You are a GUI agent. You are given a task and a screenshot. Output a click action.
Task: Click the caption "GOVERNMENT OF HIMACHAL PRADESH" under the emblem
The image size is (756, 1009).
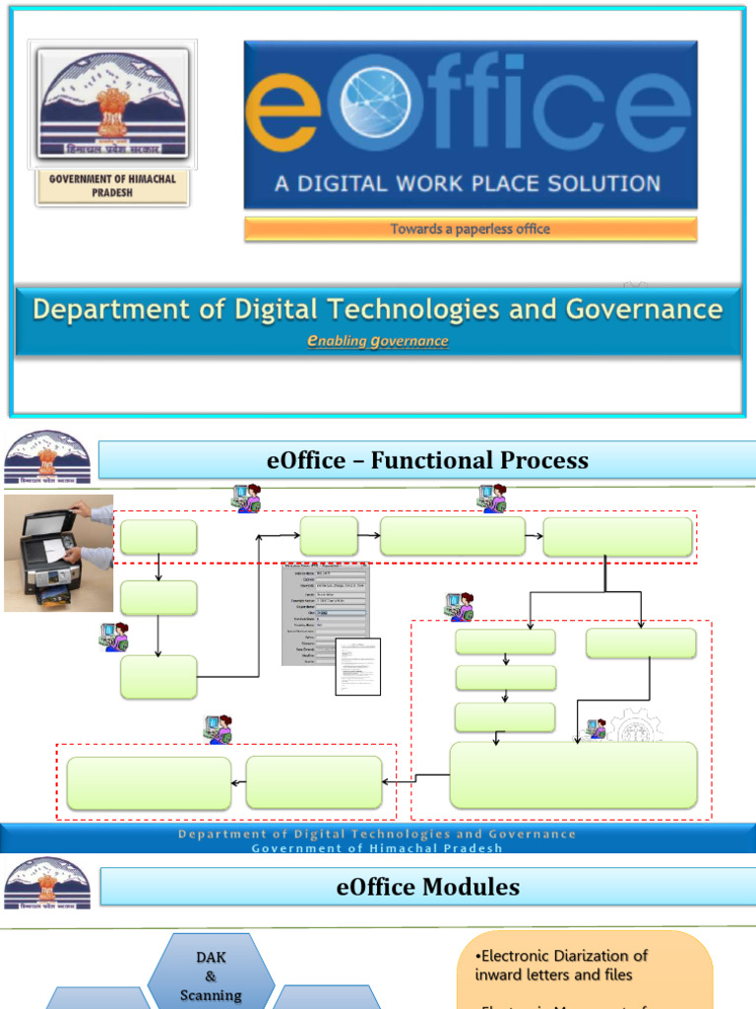pos(112,186)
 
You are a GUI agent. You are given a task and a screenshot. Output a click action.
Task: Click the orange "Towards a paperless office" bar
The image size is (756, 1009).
pos(471,230)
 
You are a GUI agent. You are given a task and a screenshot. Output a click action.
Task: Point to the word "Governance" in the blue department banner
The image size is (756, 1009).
pos(644,309)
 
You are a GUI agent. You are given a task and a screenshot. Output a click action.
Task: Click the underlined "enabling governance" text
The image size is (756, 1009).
pos(378,341)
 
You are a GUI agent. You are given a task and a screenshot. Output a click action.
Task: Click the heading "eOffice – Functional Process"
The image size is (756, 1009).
pos(427,460)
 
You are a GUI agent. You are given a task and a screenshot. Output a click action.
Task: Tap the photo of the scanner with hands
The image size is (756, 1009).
pos(58,553)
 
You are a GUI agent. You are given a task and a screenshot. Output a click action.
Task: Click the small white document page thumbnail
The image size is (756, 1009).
pos(357,667)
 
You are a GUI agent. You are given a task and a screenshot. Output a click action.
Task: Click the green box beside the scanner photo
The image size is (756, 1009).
pos(157,537)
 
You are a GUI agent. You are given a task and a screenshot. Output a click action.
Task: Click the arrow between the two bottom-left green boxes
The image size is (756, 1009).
pos(238,782)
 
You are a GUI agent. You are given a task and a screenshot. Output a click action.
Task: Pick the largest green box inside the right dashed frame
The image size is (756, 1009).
pos(573,775)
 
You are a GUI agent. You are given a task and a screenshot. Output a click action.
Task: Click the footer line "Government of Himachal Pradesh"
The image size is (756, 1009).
pos(377,847)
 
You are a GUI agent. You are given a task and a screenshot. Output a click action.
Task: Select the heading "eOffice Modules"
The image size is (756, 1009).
pos(427,887)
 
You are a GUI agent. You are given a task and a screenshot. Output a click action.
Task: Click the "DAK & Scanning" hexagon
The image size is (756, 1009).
pos(212,975)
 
